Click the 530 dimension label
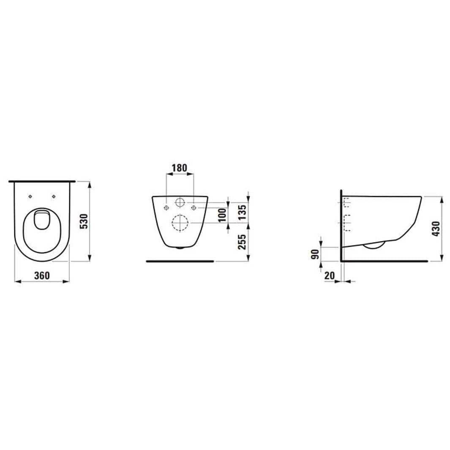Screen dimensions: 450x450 point(85,221)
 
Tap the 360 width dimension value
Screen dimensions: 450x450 point(42,275)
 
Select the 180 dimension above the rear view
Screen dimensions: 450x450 point(180,168)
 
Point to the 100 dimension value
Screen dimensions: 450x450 point(222,215)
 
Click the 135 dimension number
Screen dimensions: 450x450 point(242,212)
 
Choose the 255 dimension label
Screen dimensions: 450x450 point(242,242)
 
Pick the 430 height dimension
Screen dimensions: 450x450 point(436,229)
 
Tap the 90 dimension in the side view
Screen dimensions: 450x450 point(315,254)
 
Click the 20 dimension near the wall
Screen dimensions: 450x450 point(330,275)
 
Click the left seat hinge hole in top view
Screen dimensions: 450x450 point(30,196)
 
